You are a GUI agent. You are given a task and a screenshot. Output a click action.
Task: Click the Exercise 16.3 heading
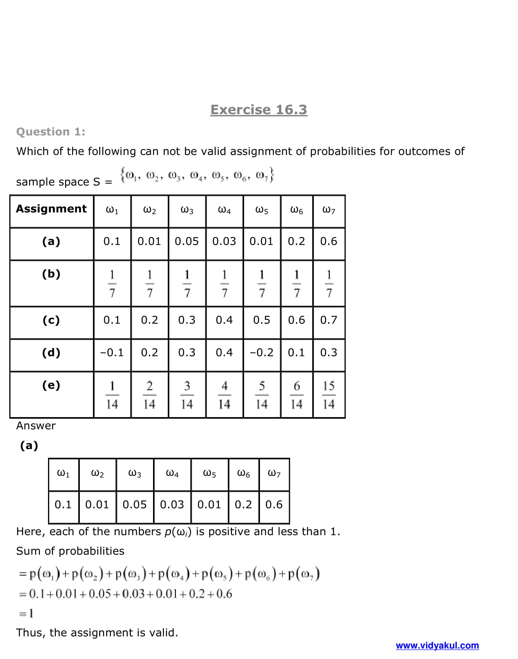(258, 110)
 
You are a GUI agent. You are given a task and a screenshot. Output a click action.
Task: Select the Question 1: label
(51, 132)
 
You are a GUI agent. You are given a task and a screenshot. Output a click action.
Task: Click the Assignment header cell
(52, 209)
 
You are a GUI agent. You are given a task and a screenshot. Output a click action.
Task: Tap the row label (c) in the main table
(51, 320)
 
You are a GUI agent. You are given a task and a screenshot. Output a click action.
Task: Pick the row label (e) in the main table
(51, 385)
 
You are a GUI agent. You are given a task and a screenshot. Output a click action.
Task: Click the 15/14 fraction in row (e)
(329, 395)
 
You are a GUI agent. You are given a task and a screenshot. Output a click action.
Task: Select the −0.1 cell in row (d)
(112, 353)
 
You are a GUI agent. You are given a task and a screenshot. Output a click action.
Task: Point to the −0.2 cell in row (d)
(262, 353)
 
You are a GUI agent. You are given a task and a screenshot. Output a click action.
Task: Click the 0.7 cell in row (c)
(329, 320)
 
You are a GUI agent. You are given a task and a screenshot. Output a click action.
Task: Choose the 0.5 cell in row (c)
(262, 320)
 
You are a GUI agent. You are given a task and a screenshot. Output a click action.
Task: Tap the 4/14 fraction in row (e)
(224, 395)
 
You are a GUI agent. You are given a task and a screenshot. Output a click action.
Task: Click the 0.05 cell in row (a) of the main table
(187, 241)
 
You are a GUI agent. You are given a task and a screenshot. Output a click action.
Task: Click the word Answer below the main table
(36, 426)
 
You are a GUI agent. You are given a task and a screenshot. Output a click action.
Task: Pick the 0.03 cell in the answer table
(172, 505)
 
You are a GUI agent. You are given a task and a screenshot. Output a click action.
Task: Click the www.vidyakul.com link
(437, 645)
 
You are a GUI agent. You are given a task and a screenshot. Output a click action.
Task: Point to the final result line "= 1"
(26, 613)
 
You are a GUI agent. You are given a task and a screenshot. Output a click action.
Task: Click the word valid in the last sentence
(161, 633)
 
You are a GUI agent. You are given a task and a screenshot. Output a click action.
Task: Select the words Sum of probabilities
(70, 551)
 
